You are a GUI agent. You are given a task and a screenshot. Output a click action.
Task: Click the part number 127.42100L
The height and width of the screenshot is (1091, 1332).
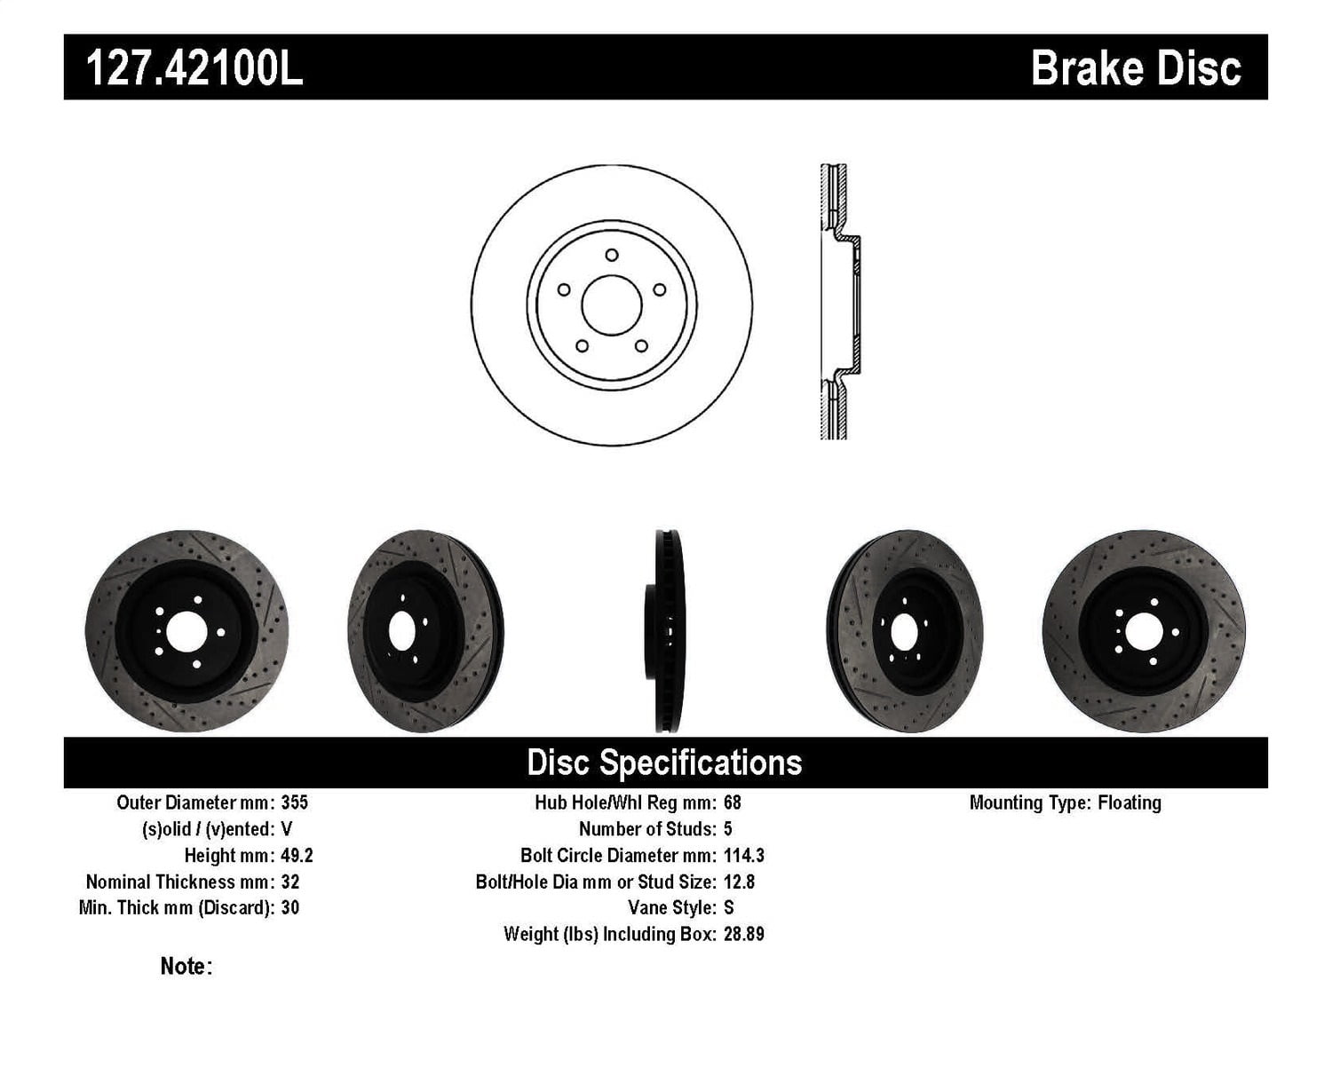(x=194, y=67)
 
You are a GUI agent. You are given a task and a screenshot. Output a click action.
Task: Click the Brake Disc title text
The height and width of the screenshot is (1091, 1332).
(x=1135, y=67)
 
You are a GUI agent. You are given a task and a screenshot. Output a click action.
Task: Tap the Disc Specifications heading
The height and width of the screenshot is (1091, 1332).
(x=664, y=763)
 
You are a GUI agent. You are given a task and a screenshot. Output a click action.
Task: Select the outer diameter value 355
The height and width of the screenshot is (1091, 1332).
(x=294, y=802)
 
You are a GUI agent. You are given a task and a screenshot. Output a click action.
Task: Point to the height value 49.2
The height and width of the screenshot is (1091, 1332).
(x=297, y=856)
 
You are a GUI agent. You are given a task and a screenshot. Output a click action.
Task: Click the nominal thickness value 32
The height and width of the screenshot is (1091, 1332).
(x=289, y=881)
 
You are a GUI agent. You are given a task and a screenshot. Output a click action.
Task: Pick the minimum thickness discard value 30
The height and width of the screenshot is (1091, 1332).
(x=289, y=907)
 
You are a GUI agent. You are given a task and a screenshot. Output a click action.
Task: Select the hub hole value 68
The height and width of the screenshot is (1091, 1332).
(x=732, y=802)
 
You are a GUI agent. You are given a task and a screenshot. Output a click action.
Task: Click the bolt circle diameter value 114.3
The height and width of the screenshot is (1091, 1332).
(x=743, y=856)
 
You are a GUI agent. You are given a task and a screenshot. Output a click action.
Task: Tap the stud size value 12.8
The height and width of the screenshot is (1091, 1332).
(x=739, y=881)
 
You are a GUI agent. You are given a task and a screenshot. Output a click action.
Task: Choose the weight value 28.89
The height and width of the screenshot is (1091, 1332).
(x=743, y=934)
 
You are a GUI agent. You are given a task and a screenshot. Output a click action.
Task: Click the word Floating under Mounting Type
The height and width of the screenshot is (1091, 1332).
(x=1129, y=802)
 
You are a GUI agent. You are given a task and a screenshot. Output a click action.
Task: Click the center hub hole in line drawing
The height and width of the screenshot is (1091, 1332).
(x=611, y=304)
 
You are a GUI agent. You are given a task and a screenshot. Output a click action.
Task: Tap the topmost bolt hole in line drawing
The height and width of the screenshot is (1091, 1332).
(x=611, y=255)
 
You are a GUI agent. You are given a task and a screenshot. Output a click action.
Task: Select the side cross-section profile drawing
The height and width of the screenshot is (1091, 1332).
(x=838, y=302)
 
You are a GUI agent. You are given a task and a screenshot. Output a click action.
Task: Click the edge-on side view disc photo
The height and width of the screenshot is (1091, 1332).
(x=665, y=631)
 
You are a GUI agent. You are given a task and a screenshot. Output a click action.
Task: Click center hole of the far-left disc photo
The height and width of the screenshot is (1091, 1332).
(x=186, y=632)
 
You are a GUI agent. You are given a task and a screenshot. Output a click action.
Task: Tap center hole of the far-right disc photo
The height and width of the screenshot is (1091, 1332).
(x=1144, y=632)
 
